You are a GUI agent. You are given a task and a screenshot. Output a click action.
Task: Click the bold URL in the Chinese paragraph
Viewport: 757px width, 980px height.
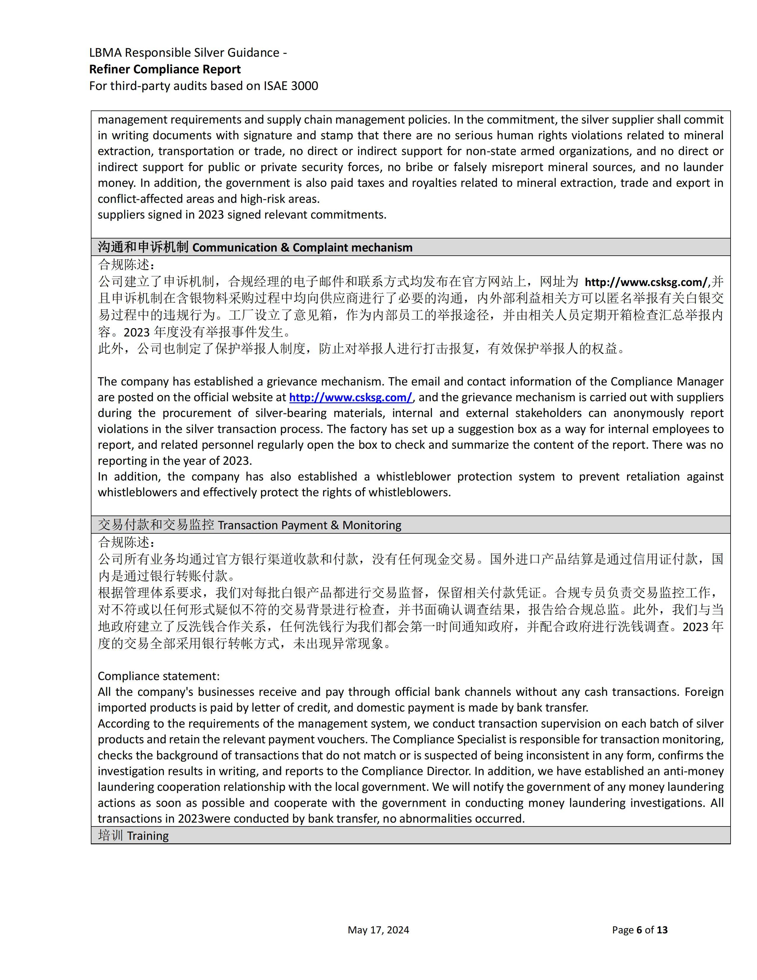646,282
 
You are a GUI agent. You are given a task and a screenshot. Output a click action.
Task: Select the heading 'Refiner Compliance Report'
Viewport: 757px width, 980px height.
164,69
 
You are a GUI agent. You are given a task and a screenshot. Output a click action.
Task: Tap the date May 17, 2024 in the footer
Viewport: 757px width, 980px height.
378,930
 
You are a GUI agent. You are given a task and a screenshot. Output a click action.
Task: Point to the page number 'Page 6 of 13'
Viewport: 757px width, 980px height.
639,930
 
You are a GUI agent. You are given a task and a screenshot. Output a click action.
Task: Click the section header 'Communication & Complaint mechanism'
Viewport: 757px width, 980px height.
302,247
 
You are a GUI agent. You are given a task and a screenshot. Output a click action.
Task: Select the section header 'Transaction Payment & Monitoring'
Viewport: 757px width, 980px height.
309,525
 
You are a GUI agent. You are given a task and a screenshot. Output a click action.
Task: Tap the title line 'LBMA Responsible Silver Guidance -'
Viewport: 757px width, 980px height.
188,53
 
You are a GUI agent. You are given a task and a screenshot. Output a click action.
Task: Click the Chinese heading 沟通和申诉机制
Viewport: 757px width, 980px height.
143,247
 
